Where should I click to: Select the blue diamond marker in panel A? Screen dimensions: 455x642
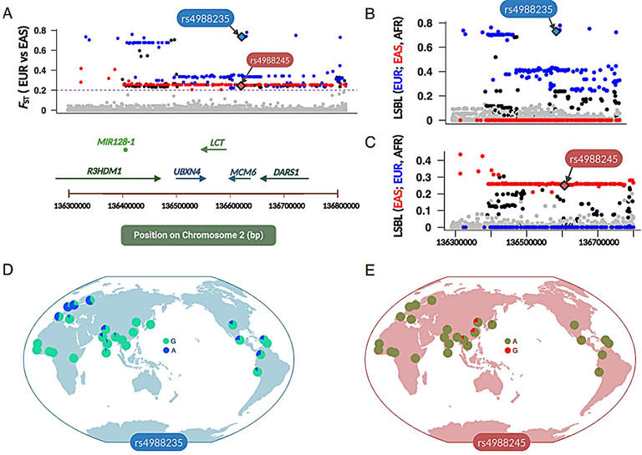tap(242, 37)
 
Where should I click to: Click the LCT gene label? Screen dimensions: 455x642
tap(217, 142)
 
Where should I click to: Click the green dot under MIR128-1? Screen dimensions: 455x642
tap(125, 151)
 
